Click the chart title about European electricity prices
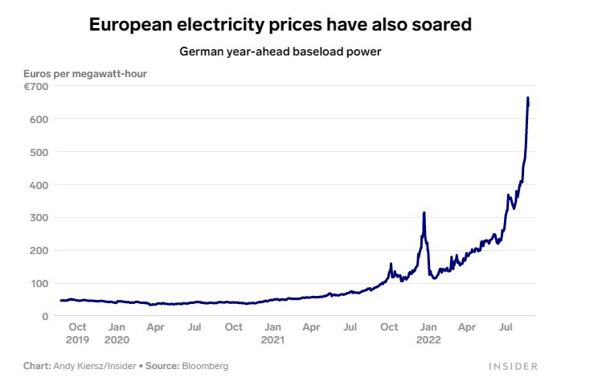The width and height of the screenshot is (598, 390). click(280, 25)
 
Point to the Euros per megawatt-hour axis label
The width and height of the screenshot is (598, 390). click(85, 75)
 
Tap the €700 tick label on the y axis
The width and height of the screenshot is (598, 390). click(37, 86)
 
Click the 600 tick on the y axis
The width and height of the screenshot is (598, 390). click(39, 119)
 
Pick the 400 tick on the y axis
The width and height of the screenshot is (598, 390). click(39, 185)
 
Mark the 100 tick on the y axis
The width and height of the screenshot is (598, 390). click(39, 283)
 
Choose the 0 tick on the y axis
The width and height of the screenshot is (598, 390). click(46, 316)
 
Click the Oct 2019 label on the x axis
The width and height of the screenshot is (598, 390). click(77, 333)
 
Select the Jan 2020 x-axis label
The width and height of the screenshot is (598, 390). click(117, 333)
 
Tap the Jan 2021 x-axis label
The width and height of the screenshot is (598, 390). click(273, 333)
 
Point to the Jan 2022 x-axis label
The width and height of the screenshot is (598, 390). click(428, 333)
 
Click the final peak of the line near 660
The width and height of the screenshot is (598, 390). click(527, 98)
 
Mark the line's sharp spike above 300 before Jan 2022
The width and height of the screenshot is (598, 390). click(424, 213)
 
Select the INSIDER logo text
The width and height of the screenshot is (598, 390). click(513, 367)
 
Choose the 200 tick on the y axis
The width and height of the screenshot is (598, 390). click(39, 250)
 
